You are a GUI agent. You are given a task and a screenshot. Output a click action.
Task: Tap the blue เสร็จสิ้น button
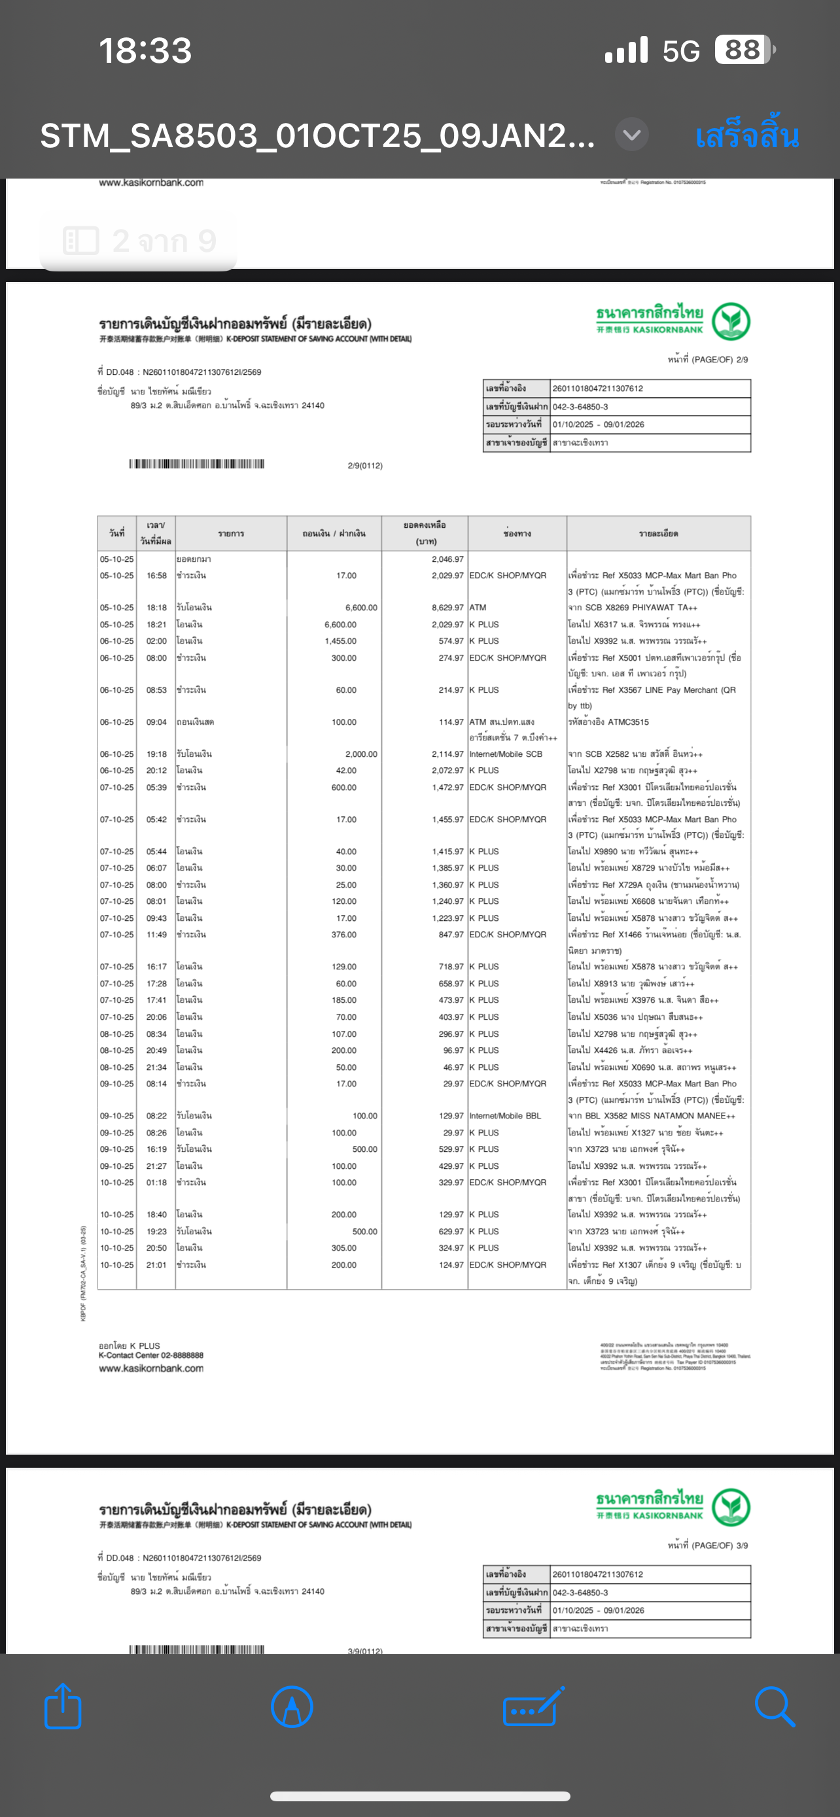[x=746, y=135]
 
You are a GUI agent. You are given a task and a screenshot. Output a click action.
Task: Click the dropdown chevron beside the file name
[x=631, y=134]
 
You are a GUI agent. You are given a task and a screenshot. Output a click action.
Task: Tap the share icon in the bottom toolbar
[x=63, y=1706]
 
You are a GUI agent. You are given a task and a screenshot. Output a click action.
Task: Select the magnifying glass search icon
[x=774, y=1706]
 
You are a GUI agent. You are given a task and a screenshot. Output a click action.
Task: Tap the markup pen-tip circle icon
[x=291, y=1706]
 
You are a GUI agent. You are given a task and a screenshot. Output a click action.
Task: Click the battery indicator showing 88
[x=743, y=50]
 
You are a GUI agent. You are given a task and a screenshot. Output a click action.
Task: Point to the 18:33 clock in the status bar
[x=145, y=51]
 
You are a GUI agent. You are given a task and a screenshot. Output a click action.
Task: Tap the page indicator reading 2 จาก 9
[x=139, y=241]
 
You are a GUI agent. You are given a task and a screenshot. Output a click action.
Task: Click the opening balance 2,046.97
[x=447, y=559]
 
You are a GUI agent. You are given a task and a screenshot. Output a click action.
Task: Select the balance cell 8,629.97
[x=447, y=608]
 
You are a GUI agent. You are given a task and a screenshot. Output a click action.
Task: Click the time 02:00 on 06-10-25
[x=156, y=641]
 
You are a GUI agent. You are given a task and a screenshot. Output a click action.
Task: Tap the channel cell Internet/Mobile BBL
[x=505, y=1116]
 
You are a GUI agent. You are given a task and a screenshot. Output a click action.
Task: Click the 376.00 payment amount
[x=343, y=935]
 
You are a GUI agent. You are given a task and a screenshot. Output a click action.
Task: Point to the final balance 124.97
[x=448, y=1265]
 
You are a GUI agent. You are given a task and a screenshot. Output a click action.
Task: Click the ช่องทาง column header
[x=517, y=534]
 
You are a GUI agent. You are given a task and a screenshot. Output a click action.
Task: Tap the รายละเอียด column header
[x=658, y=534]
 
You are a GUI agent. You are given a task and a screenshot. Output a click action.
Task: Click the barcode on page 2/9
[x=197, y=464]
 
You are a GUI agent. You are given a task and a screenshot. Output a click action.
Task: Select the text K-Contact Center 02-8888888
[x=151, y=1355]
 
